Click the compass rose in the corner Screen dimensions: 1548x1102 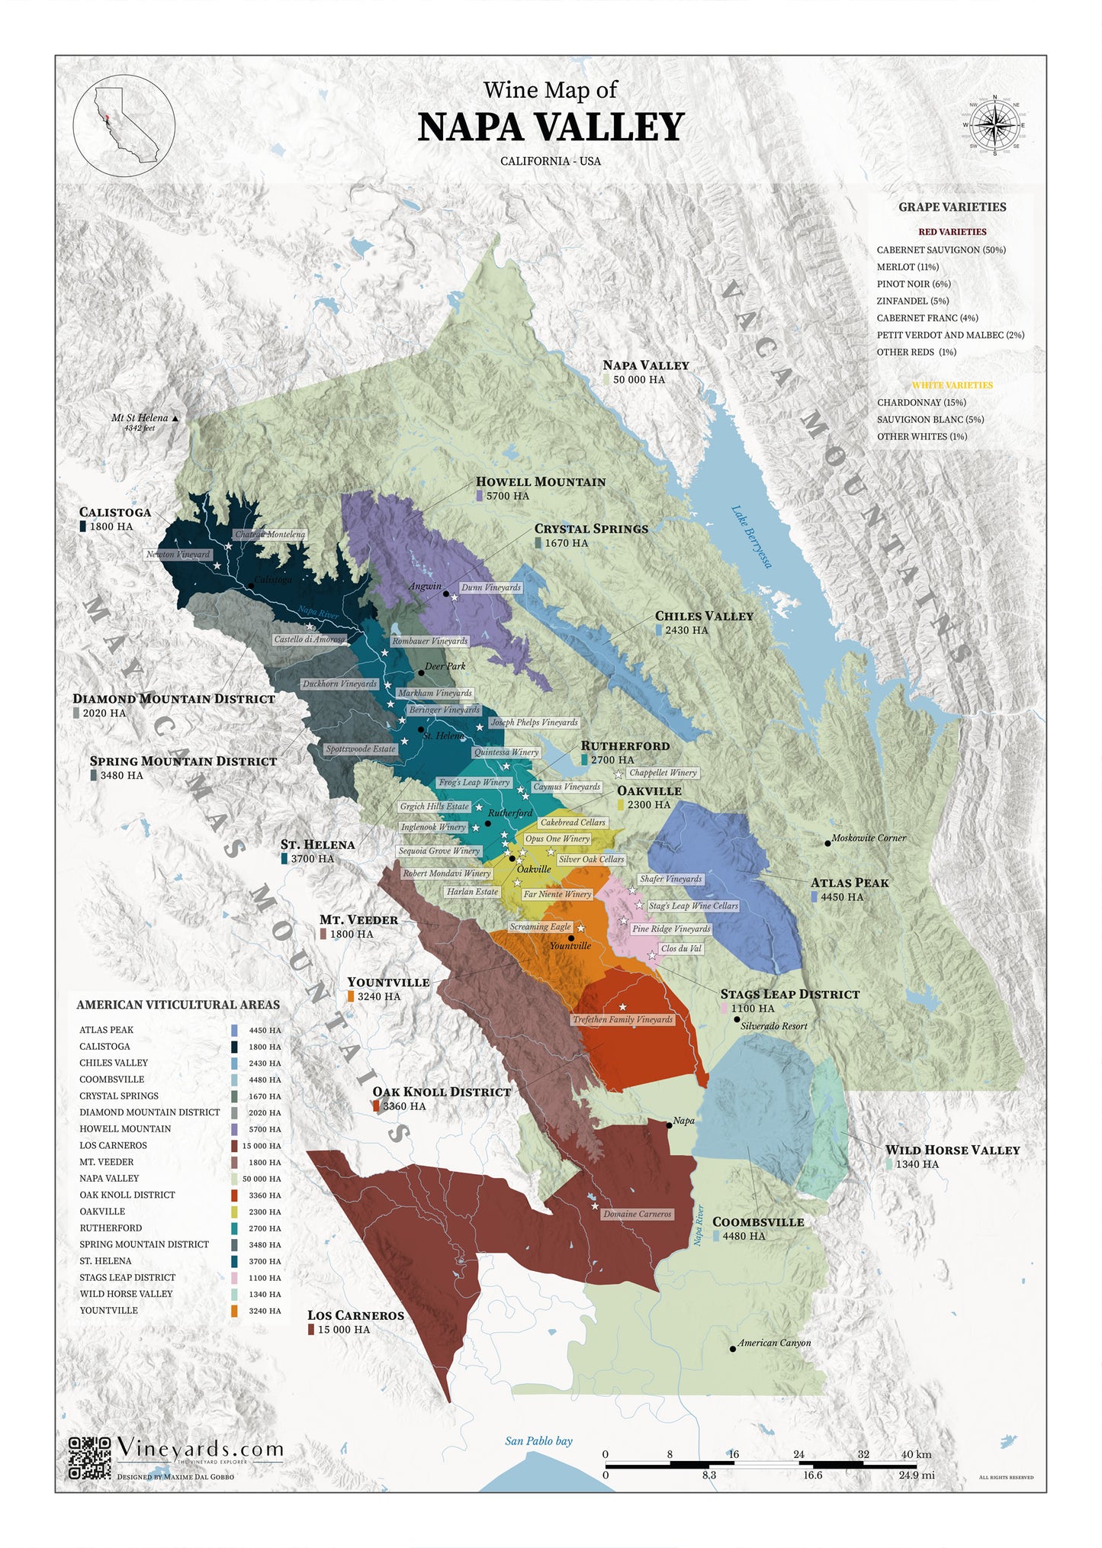click(994, 125)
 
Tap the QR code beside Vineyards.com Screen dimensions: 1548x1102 click(90, 1457)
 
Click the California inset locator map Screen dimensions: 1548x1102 click(124, 125)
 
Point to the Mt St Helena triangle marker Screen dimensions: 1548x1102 click(175, 418)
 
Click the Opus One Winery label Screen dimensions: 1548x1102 click(557, 838)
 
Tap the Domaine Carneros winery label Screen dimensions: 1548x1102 click(637, 1214)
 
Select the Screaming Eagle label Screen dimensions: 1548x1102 click(540, 926)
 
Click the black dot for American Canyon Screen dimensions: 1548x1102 click(732, 1349)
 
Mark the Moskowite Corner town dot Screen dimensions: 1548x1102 click(827, 843)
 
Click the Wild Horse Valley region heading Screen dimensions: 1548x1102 click(952, 1150)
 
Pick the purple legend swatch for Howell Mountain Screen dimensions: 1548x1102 click(234, 1129)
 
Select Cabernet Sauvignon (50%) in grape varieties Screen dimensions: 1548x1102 click(940, 249)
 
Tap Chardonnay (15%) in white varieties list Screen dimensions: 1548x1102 click(920, 402)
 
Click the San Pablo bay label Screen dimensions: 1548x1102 click(538, 1440)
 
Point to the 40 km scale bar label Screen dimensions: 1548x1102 click(916, 1454)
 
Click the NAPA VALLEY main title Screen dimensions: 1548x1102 click(551, 127)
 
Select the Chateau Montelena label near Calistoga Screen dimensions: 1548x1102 click(270, 534)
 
